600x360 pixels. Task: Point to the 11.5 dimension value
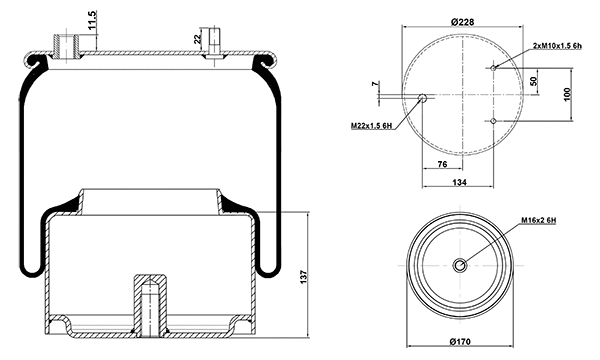tap(91, 21)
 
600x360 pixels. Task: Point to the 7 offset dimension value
tap(377, 86)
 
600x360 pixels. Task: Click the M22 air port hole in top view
tap(424, 99)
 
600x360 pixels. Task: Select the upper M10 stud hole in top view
tap(495, 68)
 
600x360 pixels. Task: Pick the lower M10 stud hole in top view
tap(495, 120)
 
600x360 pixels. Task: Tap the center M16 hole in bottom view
tap(459, 265)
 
